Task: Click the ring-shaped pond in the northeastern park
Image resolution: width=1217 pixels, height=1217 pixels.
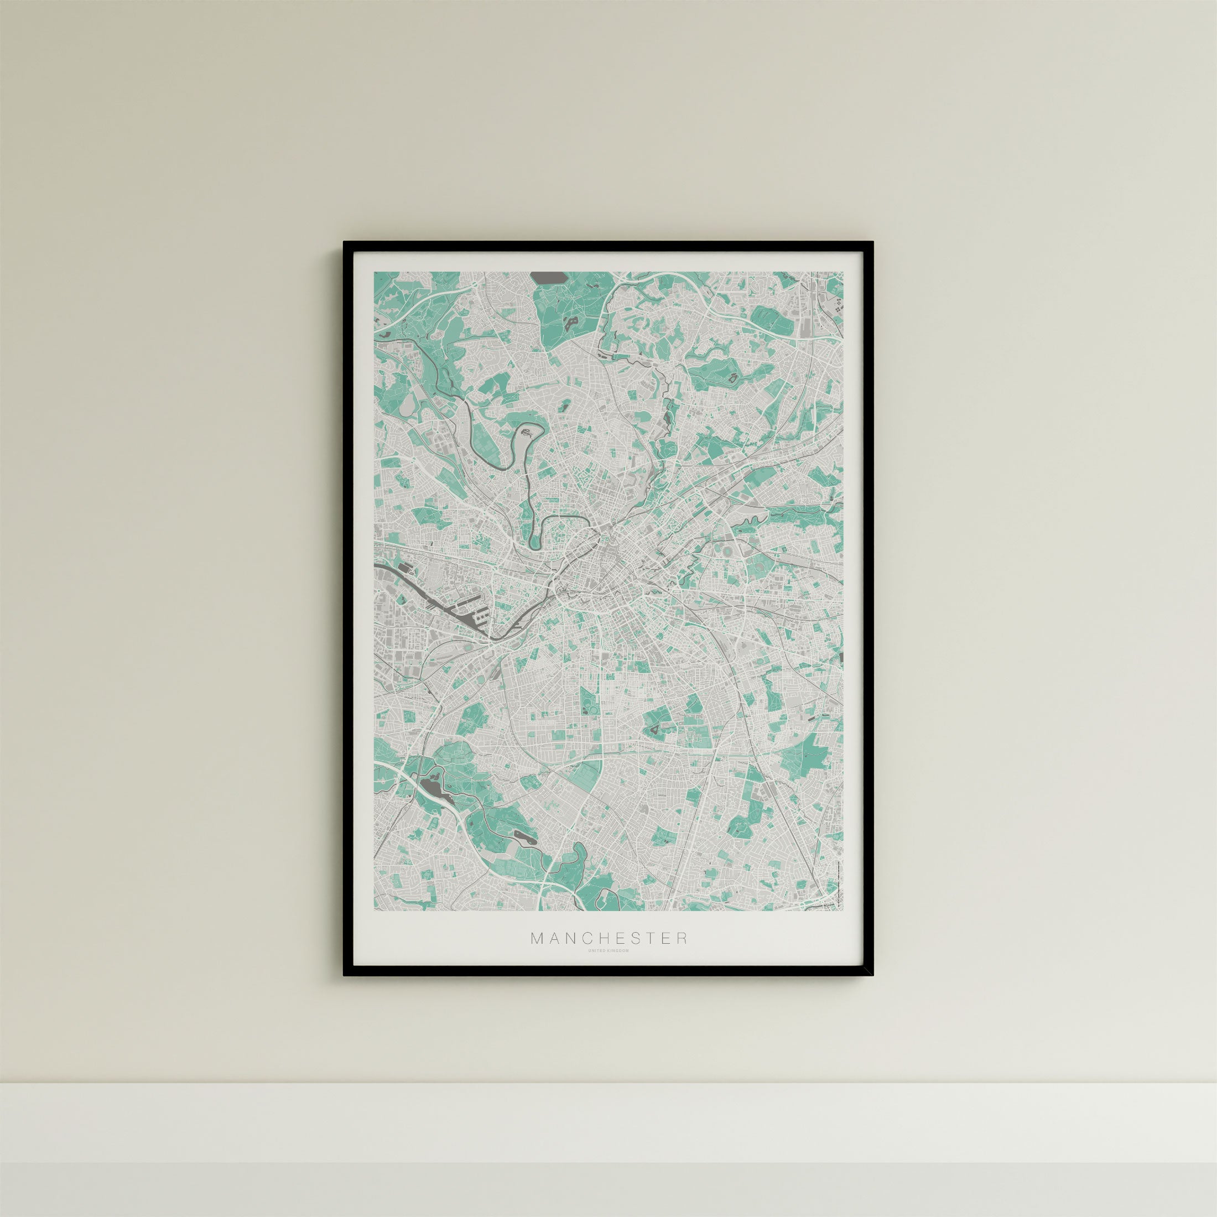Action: (732, 378)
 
